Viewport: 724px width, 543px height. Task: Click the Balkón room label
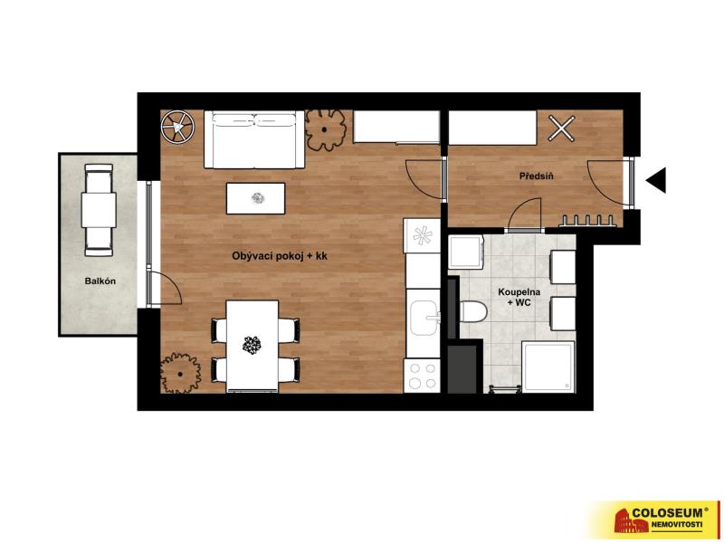pos(100,281)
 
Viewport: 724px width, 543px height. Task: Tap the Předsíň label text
pos(536,176)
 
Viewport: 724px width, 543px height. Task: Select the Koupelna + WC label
pos(519,297)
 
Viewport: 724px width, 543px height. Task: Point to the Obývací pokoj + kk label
pos(280,256)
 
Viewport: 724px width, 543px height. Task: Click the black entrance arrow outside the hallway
pos(655,180)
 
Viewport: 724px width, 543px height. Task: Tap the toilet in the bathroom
pos(473,311)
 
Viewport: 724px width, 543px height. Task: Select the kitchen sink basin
pos(424,318)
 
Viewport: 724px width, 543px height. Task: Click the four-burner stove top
pos(422,376)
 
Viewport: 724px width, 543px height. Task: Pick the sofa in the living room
pos(254,139)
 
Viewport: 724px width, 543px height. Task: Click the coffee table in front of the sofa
pos(255,198)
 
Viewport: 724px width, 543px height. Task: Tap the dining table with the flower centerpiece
pos(252,346)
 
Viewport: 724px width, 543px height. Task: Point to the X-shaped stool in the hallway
pos(561,128)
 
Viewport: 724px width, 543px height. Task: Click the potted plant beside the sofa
pos(326,130)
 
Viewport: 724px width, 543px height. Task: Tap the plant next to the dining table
pos(180,373)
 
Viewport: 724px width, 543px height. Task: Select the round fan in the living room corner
pos(177,127)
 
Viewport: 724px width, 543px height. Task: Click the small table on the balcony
pos(99,210)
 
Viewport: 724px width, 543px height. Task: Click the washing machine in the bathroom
pos(466,252)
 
